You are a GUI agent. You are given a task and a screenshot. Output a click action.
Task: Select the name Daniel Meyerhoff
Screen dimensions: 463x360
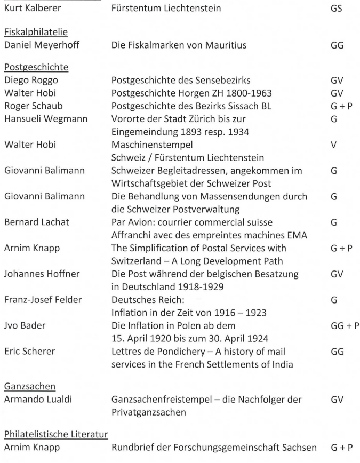click(42, 45)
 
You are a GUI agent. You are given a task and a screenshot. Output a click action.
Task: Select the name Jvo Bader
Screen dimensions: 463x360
click(26, 325)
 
